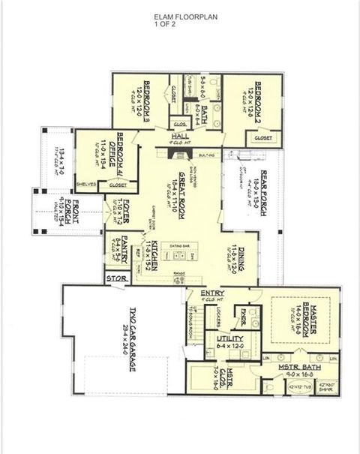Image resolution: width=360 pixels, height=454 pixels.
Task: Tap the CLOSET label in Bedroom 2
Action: [x=263, y=137]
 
